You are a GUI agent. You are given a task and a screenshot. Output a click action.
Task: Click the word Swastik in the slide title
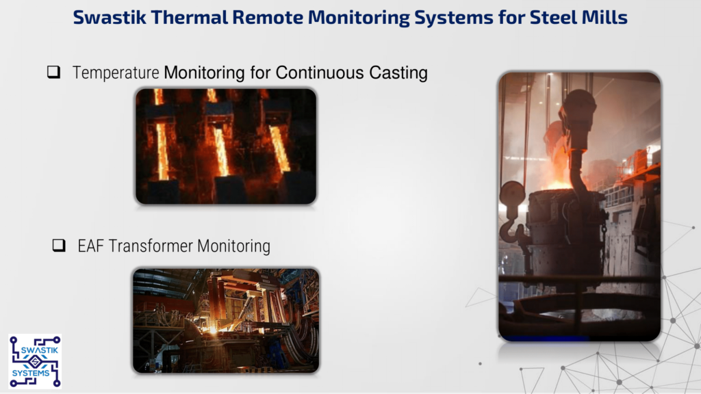(x=109, y=17)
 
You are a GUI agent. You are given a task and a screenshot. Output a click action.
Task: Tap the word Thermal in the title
(x=189, y=17)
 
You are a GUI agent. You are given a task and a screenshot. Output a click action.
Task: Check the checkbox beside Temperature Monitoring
(x=53, y=72)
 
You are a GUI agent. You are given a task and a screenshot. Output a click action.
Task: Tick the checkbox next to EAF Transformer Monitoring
(x=59, y=246)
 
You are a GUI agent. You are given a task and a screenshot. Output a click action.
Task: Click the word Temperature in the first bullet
(x=116, y=73)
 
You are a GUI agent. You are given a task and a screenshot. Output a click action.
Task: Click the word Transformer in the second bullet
(x=151, y=246)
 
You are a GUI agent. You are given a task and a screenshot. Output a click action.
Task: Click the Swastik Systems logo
(x=35, y=361)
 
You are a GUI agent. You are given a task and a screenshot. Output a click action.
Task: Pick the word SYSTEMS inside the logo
(x=31, y=373)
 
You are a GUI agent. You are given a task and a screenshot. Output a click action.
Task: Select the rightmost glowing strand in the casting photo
(x=279, y=148)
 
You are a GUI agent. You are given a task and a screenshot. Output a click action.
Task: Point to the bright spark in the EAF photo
(x=212, y=330)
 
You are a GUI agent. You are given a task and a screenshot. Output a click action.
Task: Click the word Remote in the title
(x=268, y=17)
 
